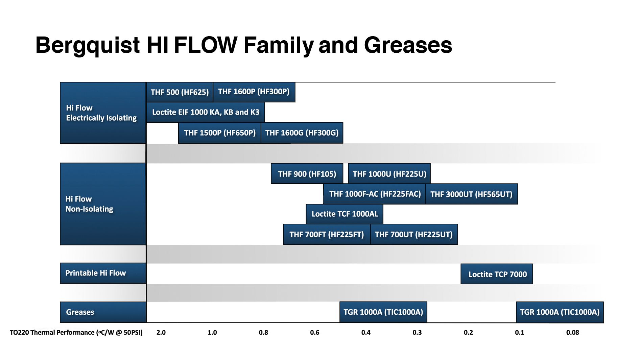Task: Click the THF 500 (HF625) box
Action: coord(180,92)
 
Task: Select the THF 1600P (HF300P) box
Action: coord(254,92)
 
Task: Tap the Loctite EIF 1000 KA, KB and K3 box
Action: coord(206,112)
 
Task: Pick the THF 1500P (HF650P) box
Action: coord(220,133)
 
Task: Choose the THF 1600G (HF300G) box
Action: coord(302,133)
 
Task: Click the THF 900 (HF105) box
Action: coord(307,174)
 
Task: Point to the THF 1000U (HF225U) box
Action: coord(389,174)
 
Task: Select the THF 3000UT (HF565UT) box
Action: coord(471,194)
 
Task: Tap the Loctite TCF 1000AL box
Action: coord(345,214)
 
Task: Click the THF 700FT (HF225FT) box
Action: coord(327,234)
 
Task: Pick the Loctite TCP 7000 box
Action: coord(497,274)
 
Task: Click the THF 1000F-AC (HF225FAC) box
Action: coord(375,194)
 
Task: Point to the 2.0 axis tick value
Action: coord(161,333)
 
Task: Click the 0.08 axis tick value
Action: coord(572,333)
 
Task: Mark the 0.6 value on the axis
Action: coord(314,333)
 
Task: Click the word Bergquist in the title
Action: coord(88,45)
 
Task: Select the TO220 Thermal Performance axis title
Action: coord(76,333)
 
